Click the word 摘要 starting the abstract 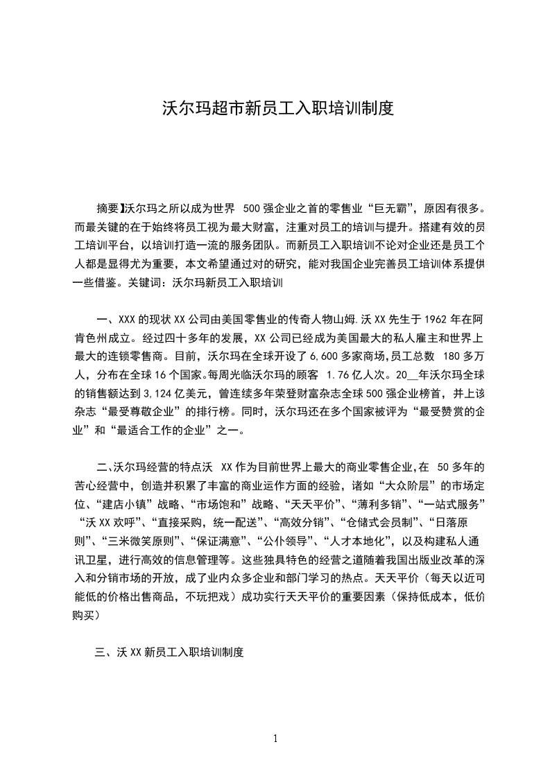[x=108, y=207]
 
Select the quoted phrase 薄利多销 [x=375, y=501]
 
